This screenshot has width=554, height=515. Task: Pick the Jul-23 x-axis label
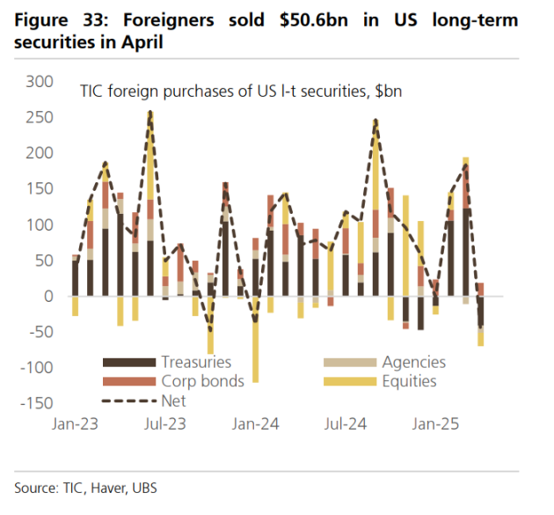tap(165, 424)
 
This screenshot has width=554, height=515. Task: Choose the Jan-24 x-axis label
tap(257, 424)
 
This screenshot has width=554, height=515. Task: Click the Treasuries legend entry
tap(196, 363)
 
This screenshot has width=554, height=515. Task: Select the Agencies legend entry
tap(413, 363)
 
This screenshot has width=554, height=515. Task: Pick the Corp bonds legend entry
tap(199, 382)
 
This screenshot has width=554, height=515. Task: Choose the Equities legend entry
tap(409, 382)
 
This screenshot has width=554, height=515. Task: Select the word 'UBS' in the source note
tap(143, 487)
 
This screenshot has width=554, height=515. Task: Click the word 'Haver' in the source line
tap(107, 487)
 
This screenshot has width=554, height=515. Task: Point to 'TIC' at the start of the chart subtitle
tap(91, 91)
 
